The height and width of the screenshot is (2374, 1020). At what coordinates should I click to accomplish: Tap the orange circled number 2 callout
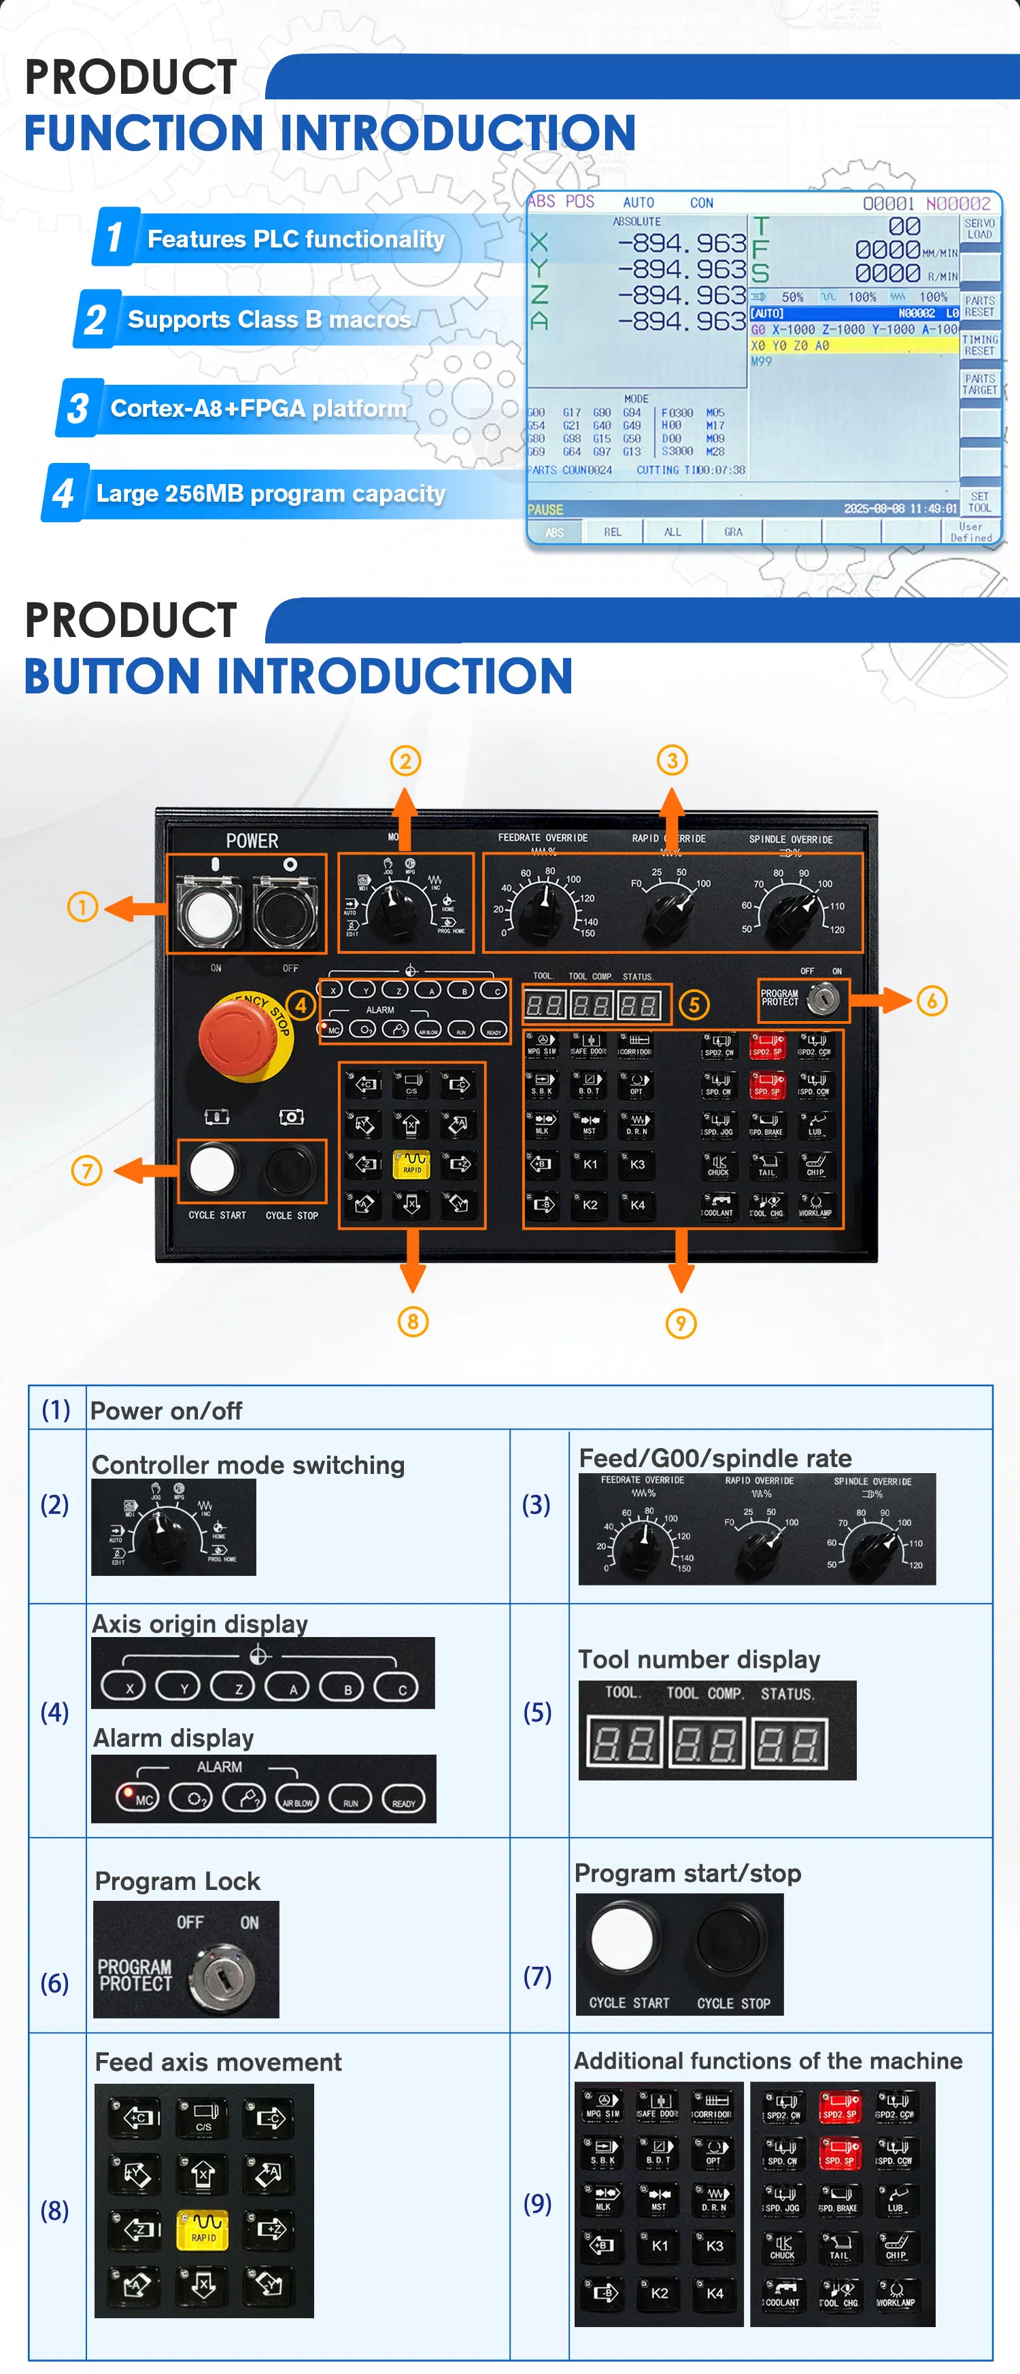tap(405, 761)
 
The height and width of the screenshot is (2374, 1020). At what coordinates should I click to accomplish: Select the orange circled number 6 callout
tap(932, 1001)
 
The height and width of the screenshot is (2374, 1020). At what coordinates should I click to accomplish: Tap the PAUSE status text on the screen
tap(545, 510)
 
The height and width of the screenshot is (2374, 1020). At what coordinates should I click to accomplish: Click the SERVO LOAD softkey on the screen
tap(979, 228)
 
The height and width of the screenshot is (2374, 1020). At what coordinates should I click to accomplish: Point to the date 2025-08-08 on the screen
tap(875, 509)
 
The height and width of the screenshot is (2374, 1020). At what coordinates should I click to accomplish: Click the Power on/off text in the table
tap(166, 1411)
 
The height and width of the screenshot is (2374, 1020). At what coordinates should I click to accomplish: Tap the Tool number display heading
tap(698, 1659)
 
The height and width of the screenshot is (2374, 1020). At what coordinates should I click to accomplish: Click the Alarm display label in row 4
tap(173, 1738)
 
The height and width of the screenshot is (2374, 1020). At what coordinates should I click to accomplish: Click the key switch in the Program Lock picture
tap(221, 1975)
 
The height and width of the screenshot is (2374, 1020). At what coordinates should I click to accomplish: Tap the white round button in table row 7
tap(622, 1938)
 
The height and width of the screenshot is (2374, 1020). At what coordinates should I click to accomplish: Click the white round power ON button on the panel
tap(209, 912)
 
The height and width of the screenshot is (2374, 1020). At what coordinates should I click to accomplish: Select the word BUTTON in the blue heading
tap(120, 676)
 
